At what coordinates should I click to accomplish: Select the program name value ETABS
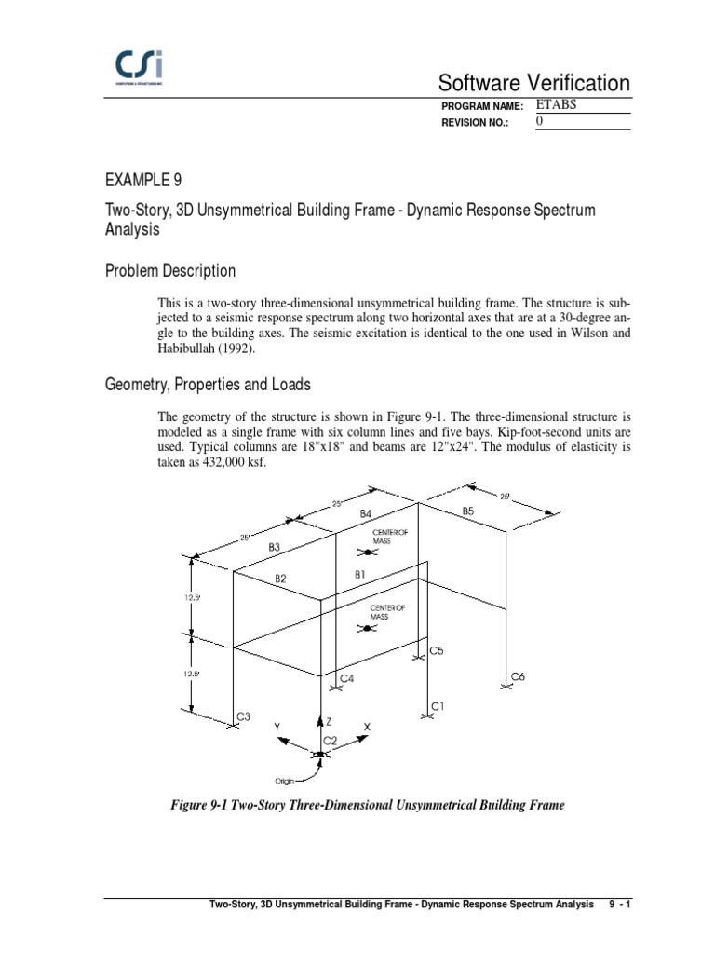tap(557, 105)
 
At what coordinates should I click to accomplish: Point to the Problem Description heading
tap(169, 271)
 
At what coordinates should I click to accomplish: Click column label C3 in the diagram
tap(243, 716)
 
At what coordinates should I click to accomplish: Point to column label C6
tap(519, 676)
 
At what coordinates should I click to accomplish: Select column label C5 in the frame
tap(436, 651)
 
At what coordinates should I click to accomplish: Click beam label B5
tap(467, 511)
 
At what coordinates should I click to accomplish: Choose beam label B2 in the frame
tap(280, 579)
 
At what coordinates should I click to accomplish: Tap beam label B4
tap(366, 513)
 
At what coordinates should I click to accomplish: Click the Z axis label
tap(329, 722)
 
